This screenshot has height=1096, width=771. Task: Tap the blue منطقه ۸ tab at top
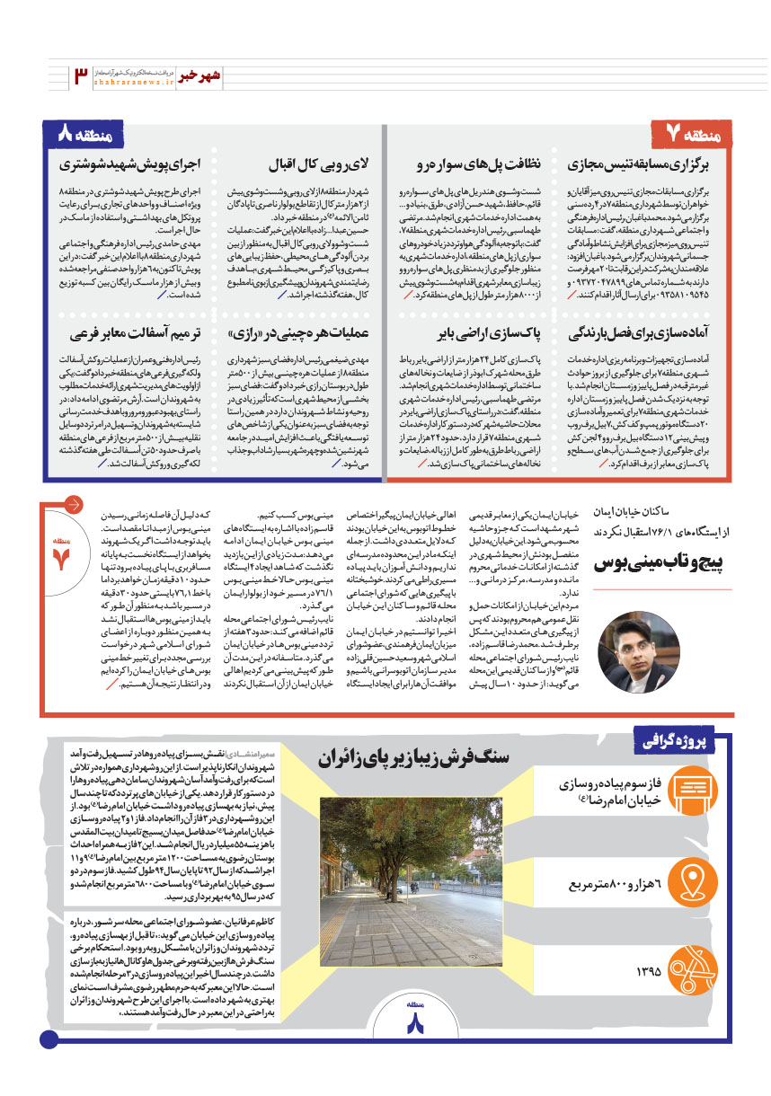pos(84,135)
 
